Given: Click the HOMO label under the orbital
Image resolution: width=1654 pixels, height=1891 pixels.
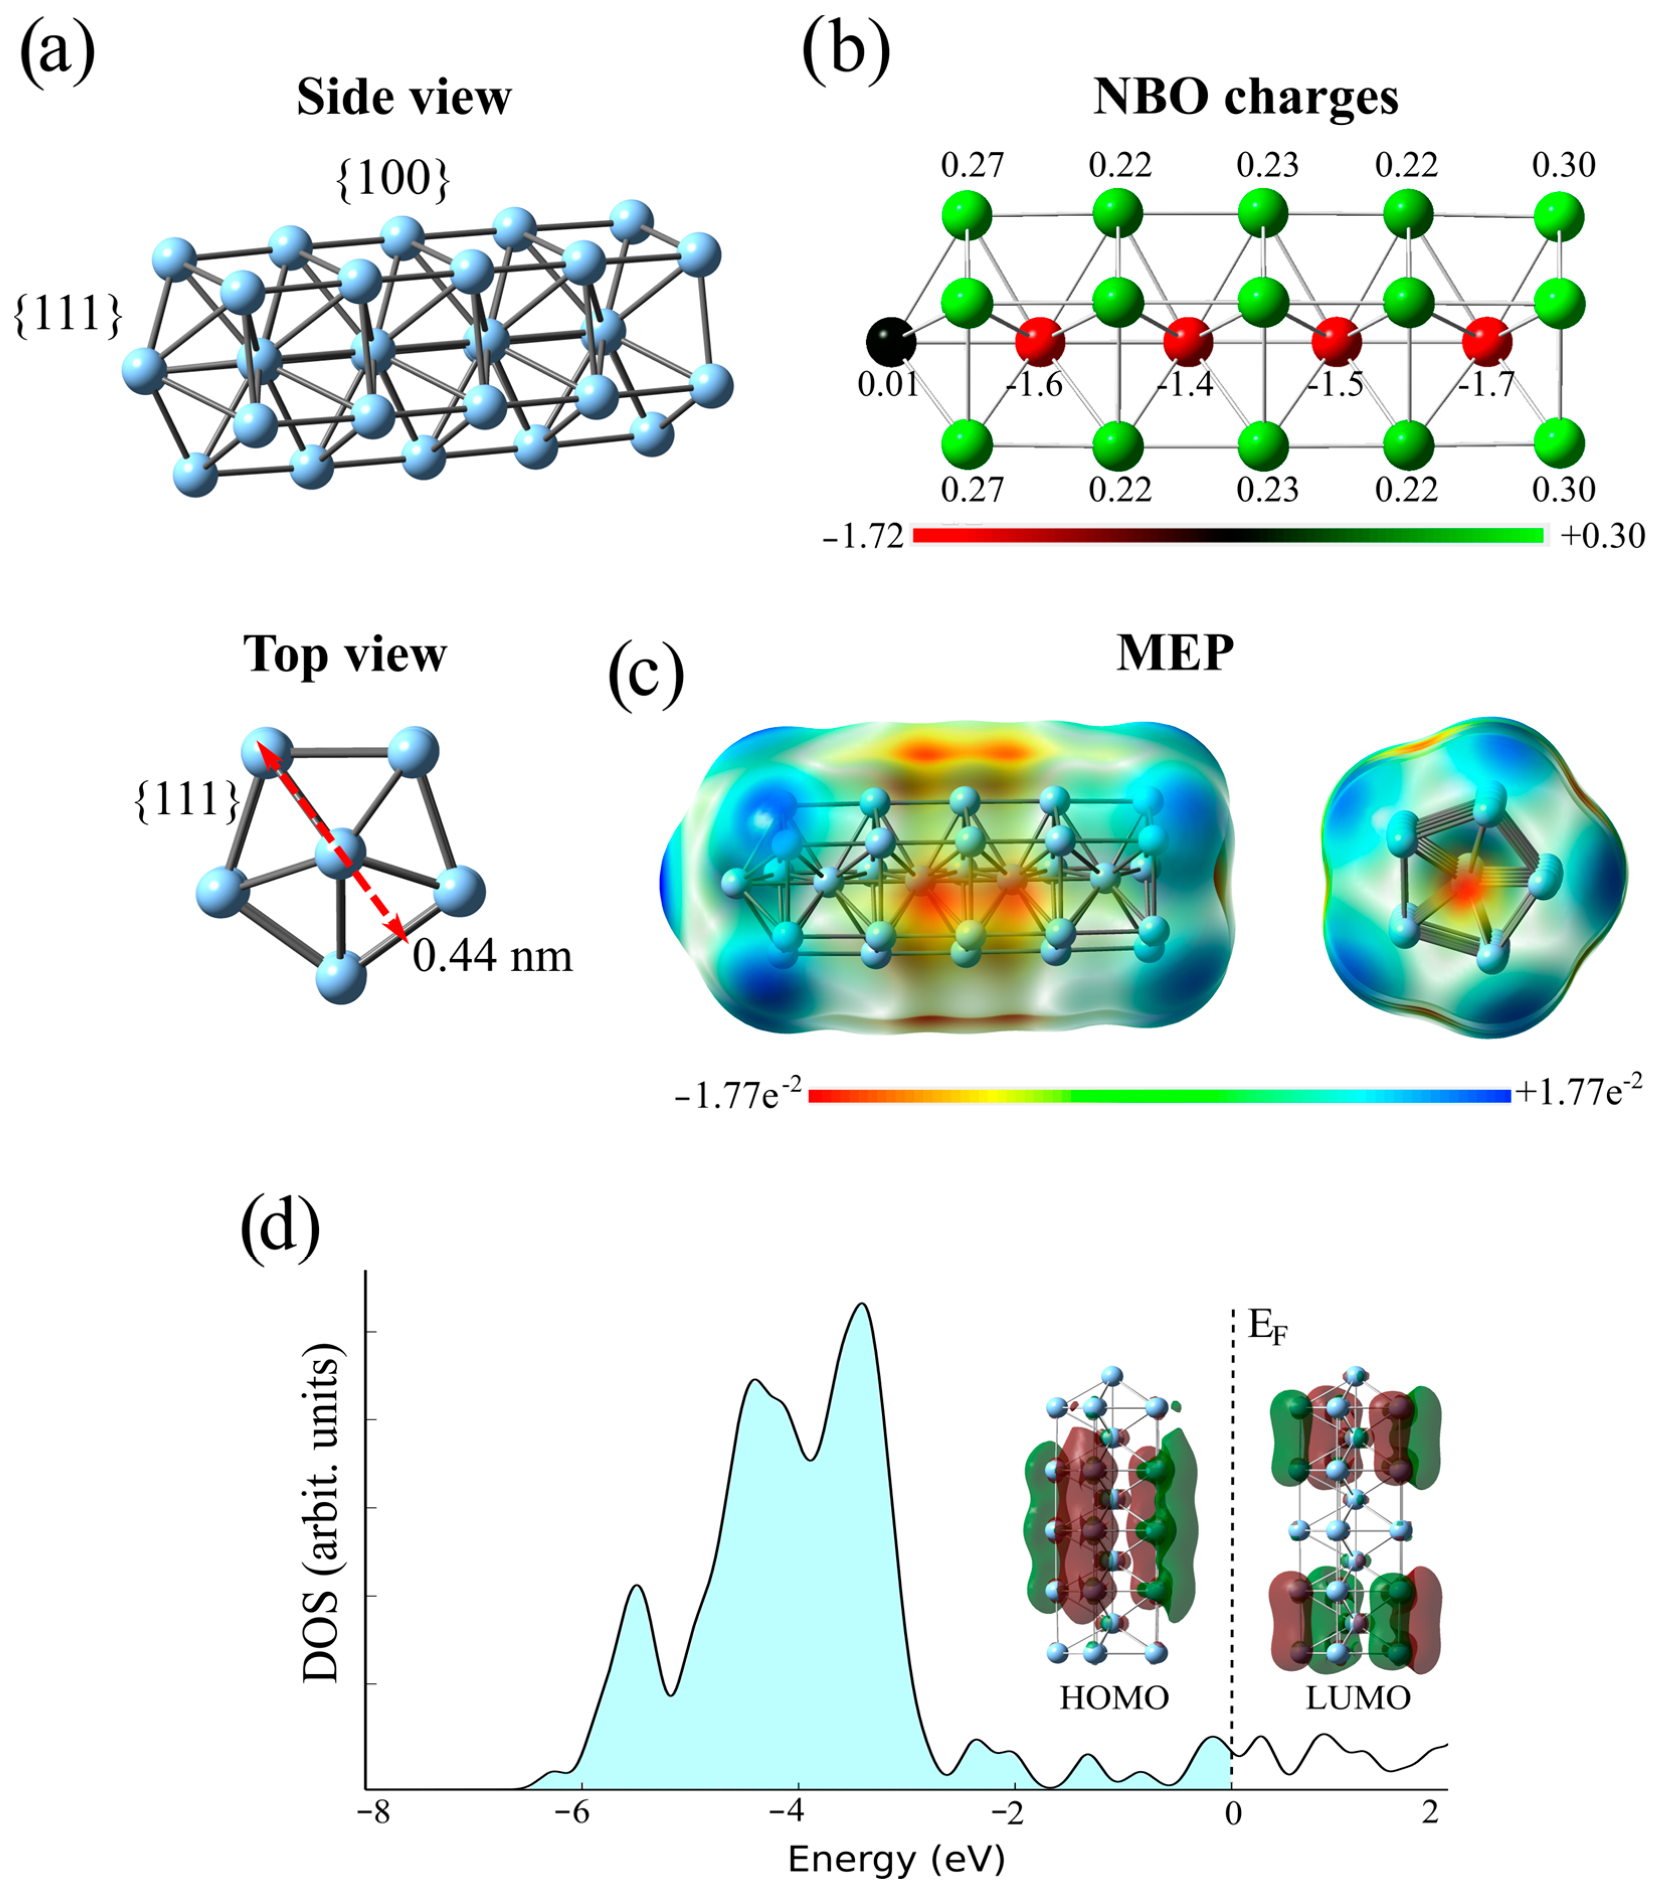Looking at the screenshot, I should [1114, 1697].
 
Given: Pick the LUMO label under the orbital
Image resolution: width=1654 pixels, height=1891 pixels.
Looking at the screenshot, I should [1358, 1697].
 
